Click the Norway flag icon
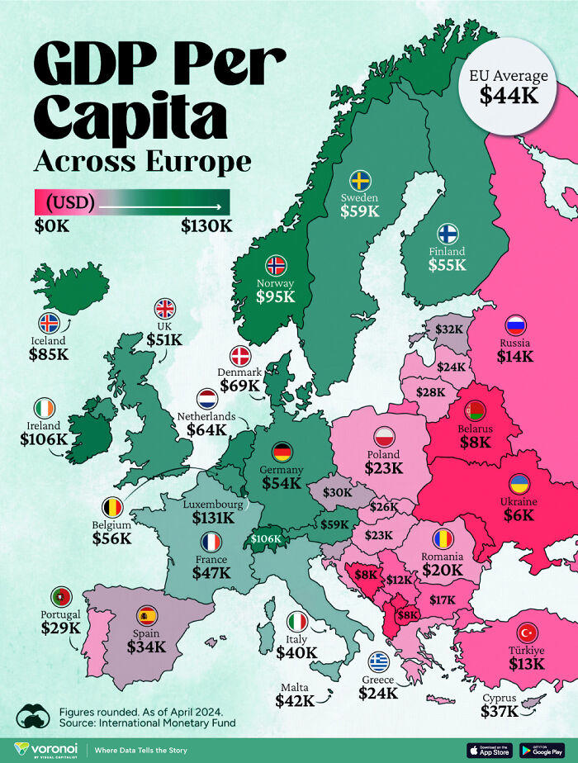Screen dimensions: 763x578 pos(276,265)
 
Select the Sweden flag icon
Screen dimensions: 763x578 pos(359,180)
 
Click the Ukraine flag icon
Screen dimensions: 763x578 pos(519,484)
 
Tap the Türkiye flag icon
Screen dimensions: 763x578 pos(527,633)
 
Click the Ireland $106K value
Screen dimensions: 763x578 pos(45,438)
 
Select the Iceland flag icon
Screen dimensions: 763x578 pos(49,323)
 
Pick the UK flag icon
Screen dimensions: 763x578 pos(165,308)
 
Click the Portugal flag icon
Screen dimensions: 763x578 pos(60,596)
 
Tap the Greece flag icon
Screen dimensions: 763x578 pos(379,661)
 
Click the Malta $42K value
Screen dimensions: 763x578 pos(295,700)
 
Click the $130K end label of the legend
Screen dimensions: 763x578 pos(206,225)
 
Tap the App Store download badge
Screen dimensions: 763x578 pos(491,750)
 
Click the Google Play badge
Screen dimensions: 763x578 pos(542,750)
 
